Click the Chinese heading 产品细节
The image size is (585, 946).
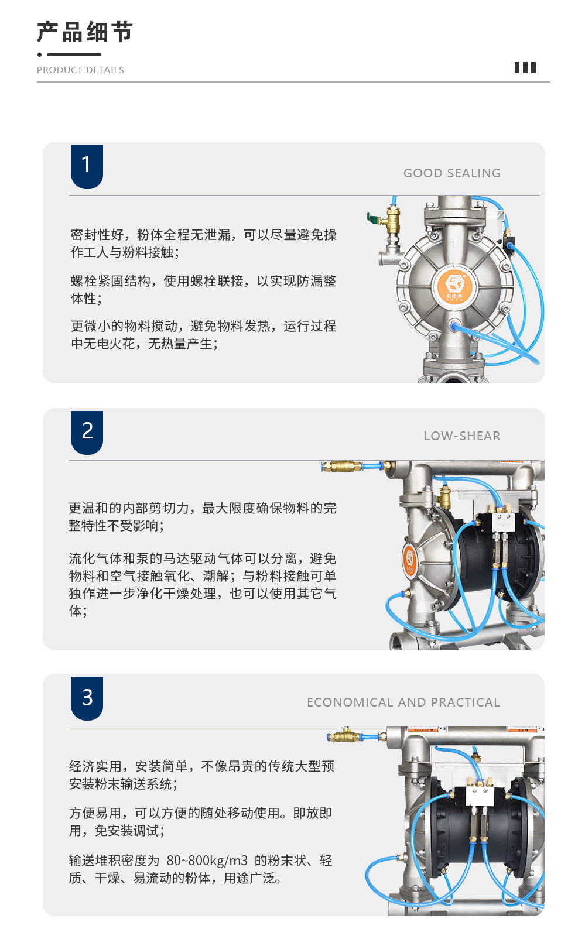pyautogui.click(x=84, y=32)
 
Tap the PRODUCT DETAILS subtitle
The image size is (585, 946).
pyautogui.click(x=80, y=70)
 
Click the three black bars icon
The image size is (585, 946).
pyautogui.click(x=525, y=67)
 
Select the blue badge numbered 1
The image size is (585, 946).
pyautogui.click(x=87, y=166)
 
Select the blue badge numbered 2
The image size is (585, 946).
pyautogui.click(x=87, y=433)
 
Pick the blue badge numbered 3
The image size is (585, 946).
pyautogui.click(x=87, y=698)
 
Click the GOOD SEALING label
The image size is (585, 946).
pyautogui.click(x=452, y=173)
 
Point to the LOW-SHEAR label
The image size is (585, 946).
pyautogui.click(x=462, y=436)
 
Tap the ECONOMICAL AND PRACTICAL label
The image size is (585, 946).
pyautogui.click(x=403, y=702)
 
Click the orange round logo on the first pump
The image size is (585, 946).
pyautogui.click(x=454, y=286)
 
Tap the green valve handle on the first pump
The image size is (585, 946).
pyautogui.click(x=374, y=218)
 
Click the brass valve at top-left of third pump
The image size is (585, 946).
pyautogui.click(x=344, y=735)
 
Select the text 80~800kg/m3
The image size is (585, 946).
pyautogui.click(x=207, y=861)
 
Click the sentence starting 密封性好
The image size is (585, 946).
pyautogui.click(x=203, y=244)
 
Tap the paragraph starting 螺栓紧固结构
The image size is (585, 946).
pyautogui.click(x=203, y=290)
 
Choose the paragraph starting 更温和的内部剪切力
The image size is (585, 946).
pyautogui.click(x=203, y=517)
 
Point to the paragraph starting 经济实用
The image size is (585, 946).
pyautogui.click(x=201, y=775)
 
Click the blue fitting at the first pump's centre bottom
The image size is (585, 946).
pyautogui.click(x=454, y=325)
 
